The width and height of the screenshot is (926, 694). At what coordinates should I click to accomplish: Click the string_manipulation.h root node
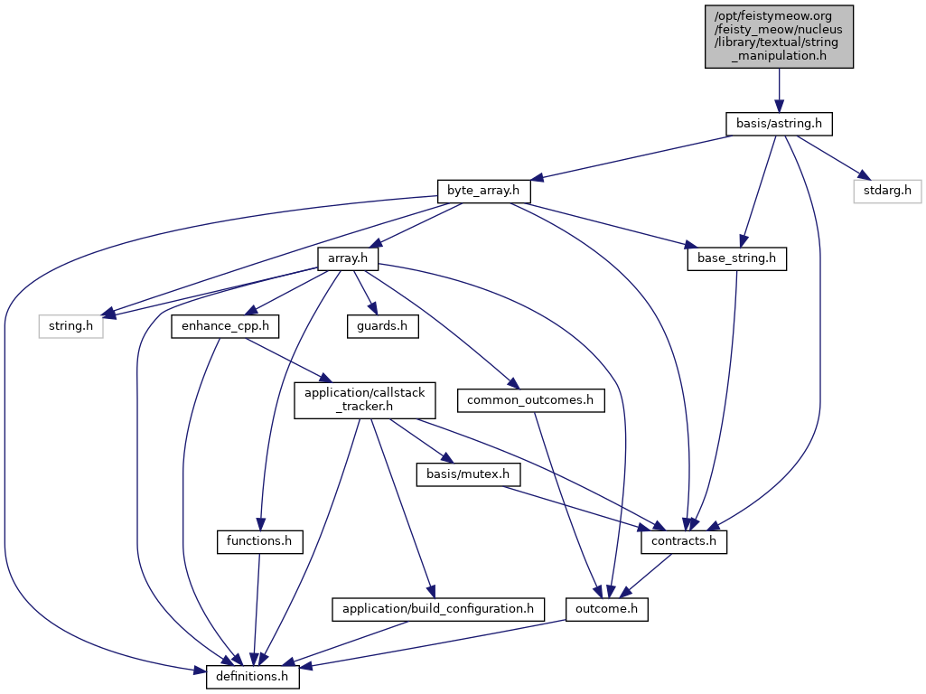pyautogui.click(x=779, y=35)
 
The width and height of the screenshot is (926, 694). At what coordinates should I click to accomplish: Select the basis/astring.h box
pyautogui.click(x=779, y=124)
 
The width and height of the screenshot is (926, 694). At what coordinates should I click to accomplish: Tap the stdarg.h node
pyautogui.click(x=888, y=192)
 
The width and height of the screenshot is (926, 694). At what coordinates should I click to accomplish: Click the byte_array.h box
pyautogui.click(x=483, y=192)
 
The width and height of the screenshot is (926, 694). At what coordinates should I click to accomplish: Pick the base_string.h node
pyautogui.click(x=736, y=259)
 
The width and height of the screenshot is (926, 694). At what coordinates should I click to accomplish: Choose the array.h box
pyautogui.click(x=347, y=259)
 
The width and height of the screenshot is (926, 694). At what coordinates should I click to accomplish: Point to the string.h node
pyautogui.click(x=70, y=326)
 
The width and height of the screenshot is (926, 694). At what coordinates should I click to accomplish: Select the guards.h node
pyautogui.click(x=383, y=326)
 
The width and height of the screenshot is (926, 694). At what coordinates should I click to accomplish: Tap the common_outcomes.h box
pyautogui.click(x=531, y=399)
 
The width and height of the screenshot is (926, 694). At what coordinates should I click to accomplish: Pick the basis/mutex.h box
pyautogui.click(x=463, y=474)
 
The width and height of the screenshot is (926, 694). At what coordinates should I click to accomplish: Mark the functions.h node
pyautogui.click(x=258, y=541)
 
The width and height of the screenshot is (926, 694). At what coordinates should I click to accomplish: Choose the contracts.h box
pyautogui.click(x=684, y=541)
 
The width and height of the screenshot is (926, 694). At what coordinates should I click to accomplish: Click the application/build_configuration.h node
pyautogui.click(x=438, y=609)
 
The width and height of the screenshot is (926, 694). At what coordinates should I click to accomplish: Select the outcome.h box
pyautogui.click(x=607, y=609)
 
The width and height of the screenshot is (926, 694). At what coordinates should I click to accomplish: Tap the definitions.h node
pyautogui.click(x=253, y=676)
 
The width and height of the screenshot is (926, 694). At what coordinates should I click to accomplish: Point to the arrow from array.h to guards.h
pyautogui.click(x=366, y=293)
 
